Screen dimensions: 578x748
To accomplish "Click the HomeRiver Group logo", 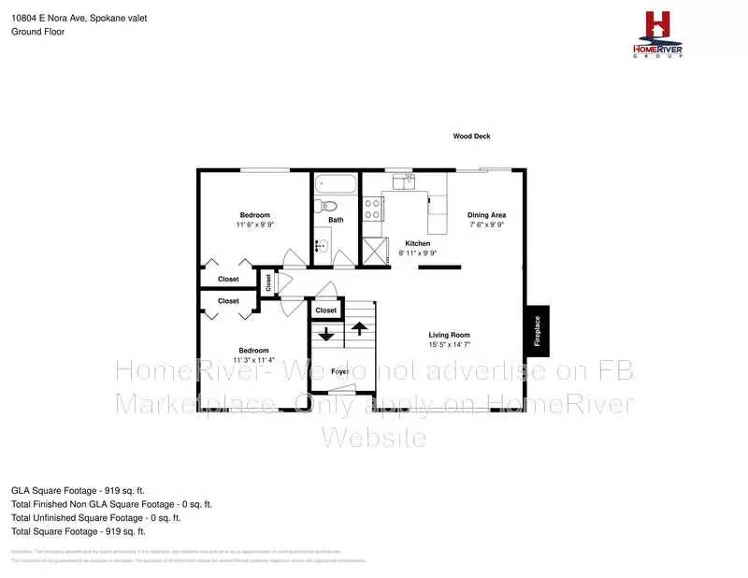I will (x=658, y=35).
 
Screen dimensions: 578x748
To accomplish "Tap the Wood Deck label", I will (x=471, y=137).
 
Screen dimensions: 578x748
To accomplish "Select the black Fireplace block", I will (x=537, y=330).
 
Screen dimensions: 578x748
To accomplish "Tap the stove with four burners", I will (x=372, y=208).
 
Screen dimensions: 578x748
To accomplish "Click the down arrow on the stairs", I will (x=326, y=334).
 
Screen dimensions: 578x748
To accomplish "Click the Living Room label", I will (x=449, y=335).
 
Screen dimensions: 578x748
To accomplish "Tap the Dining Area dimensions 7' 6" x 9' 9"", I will (x=486, y=225).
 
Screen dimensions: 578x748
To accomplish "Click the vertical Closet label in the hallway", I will (x=267, y=282).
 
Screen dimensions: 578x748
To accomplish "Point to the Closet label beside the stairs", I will (x=325, y=311).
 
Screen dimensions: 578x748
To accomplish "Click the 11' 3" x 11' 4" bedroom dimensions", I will (x=254, y=360).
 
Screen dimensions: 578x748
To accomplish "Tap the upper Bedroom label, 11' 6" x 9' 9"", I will (x=254, y=215).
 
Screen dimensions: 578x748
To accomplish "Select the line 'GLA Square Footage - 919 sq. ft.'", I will (x=79, y=490).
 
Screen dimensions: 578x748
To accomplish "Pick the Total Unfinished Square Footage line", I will (x=95, y=517).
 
